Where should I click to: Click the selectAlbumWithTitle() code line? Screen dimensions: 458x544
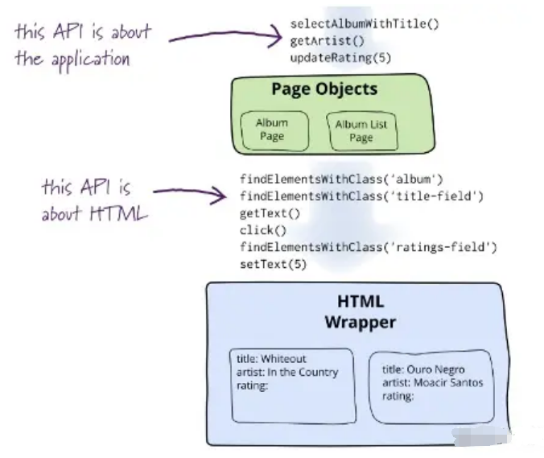tap(364, 24)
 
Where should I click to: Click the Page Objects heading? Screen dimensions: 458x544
tap(324, 89)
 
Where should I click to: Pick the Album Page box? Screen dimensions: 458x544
tap(271, 130)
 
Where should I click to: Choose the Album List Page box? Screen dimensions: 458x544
tap(361, 130)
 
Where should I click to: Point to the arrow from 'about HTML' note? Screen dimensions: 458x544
tap(190, 192)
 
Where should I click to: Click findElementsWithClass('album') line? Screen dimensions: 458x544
tap(341, 179)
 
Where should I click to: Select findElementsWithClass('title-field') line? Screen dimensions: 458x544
tap(361, 196)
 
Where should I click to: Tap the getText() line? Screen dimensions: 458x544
tap(270, 213)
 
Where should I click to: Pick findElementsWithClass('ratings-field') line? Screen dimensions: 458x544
tap(368, 247)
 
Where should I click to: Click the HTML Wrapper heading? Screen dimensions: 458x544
tap(360, 312)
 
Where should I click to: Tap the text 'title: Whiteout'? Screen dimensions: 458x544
tap(271, 359)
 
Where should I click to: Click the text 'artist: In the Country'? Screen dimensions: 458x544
tap(286, 372)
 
